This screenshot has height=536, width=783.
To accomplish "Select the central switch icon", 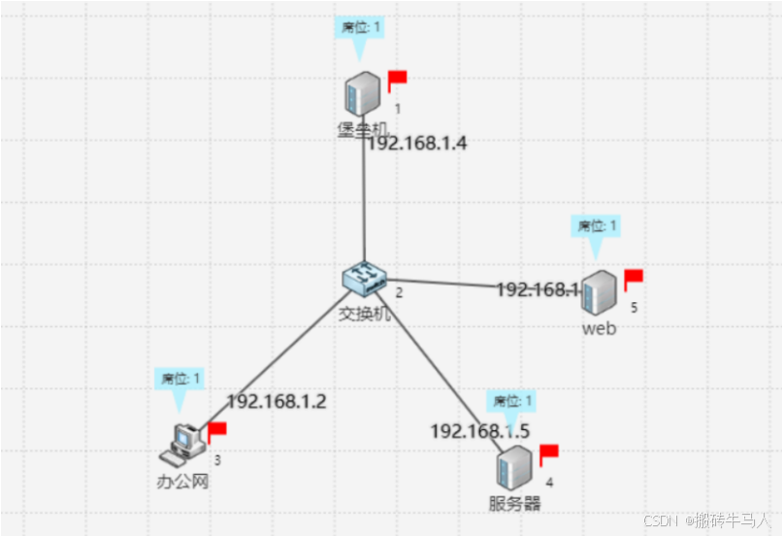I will pyautogui.click(x=365, y=279).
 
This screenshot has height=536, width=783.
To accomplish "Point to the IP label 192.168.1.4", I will pyautogui.click(x=417, y=144).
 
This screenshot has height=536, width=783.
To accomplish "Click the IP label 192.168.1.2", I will pyautogui.click(x=277, y=401).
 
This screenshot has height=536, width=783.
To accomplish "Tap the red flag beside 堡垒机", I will pyautogui.click(x=397, y=79).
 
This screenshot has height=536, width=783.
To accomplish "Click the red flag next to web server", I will pyautogui.click(x=633, y=280).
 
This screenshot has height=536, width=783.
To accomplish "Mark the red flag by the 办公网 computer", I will pyautogui.click(x=216, y=430).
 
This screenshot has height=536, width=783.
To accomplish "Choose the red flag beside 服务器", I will pyautogui.click(x=548, y=453).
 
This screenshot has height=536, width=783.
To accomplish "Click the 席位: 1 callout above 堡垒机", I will pyautogui.click(x=360, y=26).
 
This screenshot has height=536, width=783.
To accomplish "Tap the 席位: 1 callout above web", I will pyautogui.click(x=596, y=226).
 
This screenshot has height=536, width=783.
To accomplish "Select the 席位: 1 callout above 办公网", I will pyautogui.click(x=179, y=378).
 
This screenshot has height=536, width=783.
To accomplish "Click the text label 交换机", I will pyautogui.click(x=364, y=314).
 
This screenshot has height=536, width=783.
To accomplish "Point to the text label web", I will pyautogui.click(x=599, y=328).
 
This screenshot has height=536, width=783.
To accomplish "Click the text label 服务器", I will pyautogui.click(x=514, y=503).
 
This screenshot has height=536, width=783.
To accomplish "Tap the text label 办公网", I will pyautogui.click(x=182, y=481).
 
